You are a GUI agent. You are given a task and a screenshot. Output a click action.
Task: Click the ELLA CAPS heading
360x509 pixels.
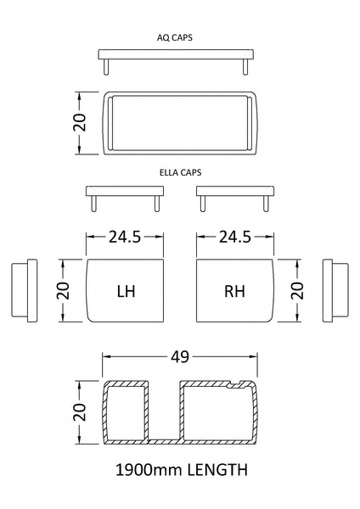coord(179,171)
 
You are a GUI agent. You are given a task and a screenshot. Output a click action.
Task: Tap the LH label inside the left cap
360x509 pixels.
coord(126,291)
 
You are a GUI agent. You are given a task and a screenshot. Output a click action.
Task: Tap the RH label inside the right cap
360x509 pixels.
coord(235,291)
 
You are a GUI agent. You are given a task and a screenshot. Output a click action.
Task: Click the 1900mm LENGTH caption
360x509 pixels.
coord(179,467)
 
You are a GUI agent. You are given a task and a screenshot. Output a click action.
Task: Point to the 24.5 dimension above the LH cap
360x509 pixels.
coord(124,238)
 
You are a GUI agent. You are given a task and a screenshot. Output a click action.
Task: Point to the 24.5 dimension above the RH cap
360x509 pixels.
coord(235,238)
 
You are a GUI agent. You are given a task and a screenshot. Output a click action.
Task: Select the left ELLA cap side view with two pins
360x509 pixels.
coord(124,195)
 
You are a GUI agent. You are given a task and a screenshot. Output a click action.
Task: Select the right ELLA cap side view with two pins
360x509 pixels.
coord(235,195)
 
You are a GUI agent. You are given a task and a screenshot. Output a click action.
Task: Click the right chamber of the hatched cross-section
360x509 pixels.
coord(217,412)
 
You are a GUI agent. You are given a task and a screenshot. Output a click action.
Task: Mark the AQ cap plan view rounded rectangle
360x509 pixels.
coord(179,122)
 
